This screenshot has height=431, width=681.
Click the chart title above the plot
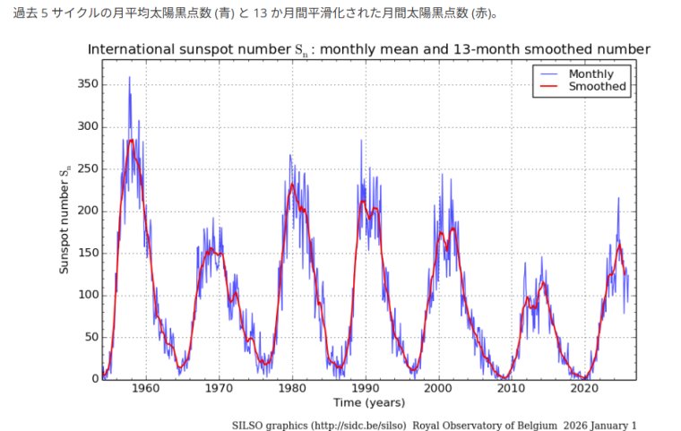368,48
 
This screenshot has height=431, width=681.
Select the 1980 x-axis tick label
292,389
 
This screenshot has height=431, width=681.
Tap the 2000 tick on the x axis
438,389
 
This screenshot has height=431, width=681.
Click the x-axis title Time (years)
368,402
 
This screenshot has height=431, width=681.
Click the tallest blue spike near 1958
129,77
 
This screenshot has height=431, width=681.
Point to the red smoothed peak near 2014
542,282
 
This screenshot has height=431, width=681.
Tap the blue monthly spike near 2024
618,198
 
